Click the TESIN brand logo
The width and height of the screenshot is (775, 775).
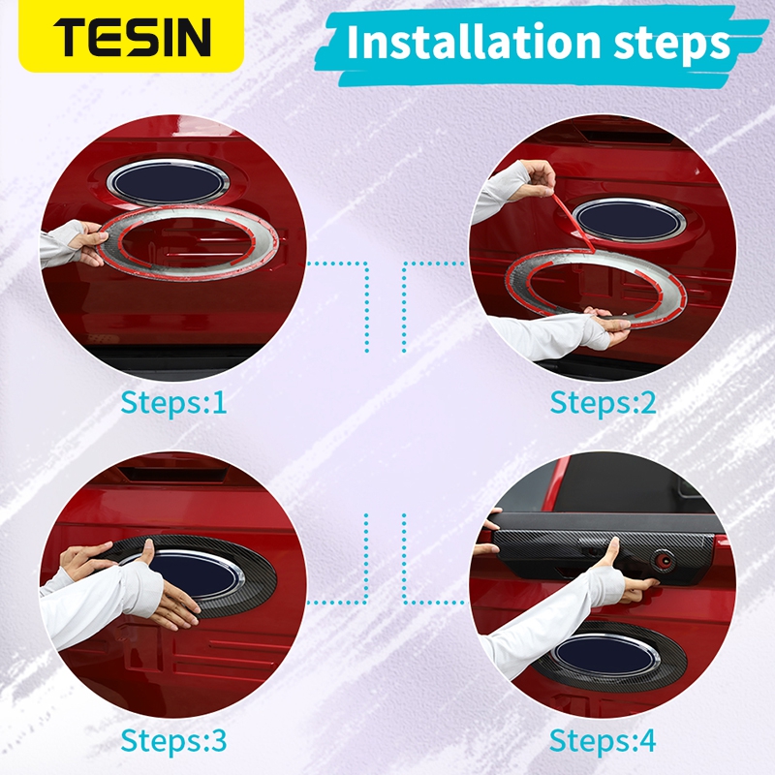click(132, 37)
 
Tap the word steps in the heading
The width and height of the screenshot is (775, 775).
click(671, 45)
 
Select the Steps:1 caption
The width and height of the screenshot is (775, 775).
click(173, 402)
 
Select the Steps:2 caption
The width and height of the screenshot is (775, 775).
click(603, 402)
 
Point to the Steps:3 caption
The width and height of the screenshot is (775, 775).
click(173, 741)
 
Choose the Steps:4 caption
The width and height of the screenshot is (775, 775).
click(603, 741)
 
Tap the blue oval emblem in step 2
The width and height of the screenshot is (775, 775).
click(628, 221)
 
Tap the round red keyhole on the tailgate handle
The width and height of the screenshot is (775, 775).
click(664, 561)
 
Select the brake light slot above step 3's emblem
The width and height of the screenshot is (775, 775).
click(174, 474)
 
